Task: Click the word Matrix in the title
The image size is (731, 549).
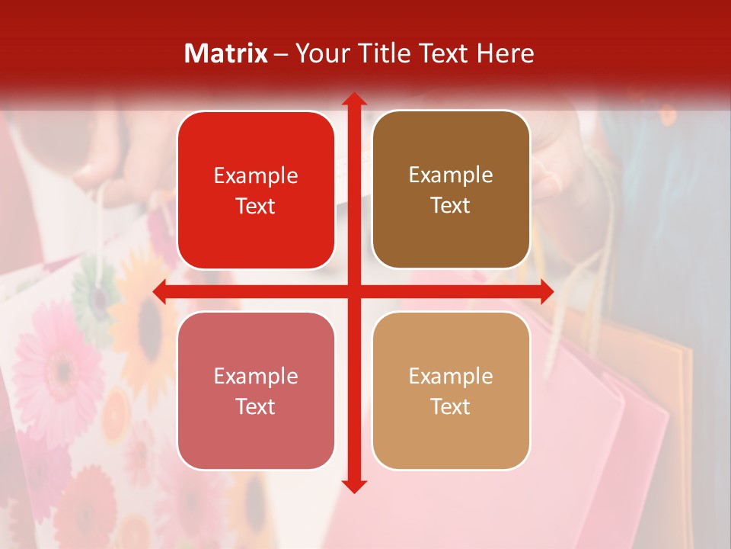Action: coord(225,53)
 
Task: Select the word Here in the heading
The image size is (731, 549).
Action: coord(505,53)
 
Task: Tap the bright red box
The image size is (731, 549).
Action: coord(256,191)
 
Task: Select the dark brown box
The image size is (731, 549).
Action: coord(451,190)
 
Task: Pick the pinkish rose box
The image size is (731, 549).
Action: coord(256,390)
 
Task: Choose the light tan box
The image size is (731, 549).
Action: coord(451,390)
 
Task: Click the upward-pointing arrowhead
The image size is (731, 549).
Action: coord(354,99)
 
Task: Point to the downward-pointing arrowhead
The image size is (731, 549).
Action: coord(354,486)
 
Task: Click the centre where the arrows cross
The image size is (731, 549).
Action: coord(354,291)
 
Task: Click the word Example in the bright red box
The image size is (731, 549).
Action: coord(256,176)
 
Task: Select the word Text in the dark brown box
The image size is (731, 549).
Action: coord(451,206)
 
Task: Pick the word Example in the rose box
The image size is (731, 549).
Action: coord(256,376)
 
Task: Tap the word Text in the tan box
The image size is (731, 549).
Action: coord(451,406)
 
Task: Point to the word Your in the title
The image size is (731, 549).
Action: coord(321,53)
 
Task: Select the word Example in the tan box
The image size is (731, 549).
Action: coord(451,376)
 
